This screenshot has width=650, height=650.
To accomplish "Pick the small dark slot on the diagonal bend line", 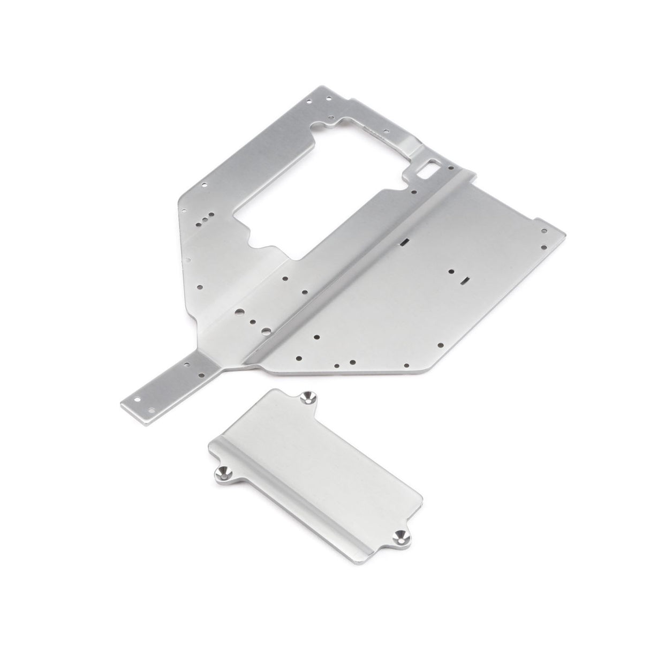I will (405, 241).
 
